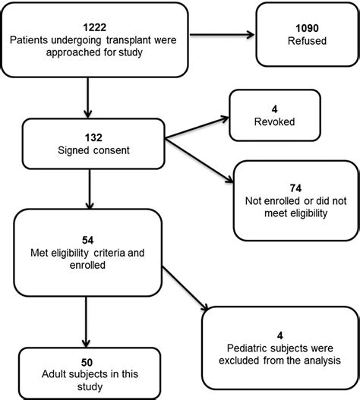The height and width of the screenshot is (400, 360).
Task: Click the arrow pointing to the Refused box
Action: [x=220, y=34]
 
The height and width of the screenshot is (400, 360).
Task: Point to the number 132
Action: [x=92, y=137]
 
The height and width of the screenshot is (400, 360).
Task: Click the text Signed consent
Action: [x=92, y=150]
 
